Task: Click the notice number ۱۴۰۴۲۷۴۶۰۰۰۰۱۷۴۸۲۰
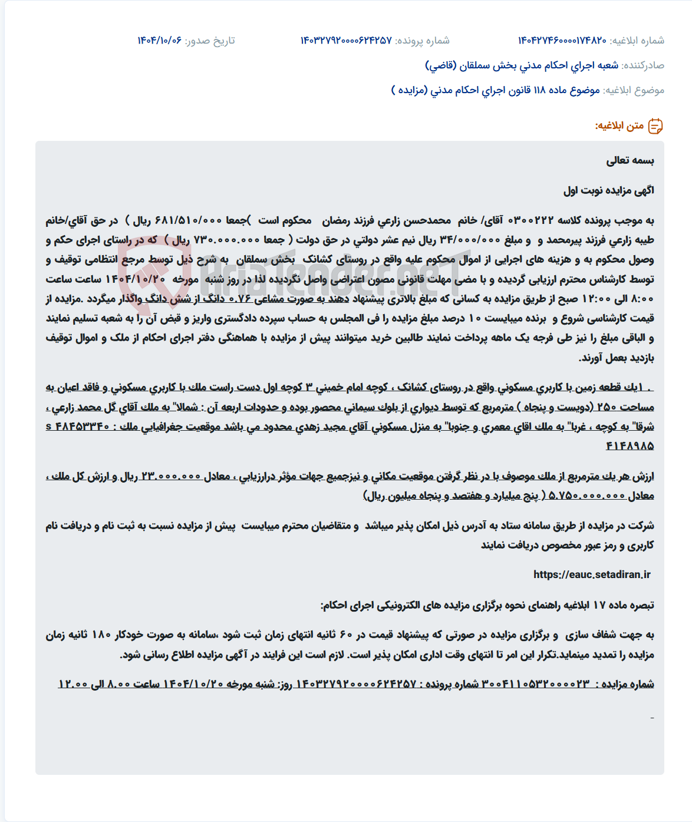(562, 41)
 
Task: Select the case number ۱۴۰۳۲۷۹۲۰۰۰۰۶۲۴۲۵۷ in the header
(346, 41)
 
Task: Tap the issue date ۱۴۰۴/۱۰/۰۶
(159, 41)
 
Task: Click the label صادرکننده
(643, 65)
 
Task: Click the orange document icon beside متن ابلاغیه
(655, 126)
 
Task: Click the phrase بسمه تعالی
(630, 160)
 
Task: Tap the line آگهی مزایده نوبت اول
(609, 190)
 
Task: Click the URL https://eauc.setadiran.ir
(592, 575)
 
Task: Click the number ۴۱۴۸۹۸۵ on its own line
(630, 446)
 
